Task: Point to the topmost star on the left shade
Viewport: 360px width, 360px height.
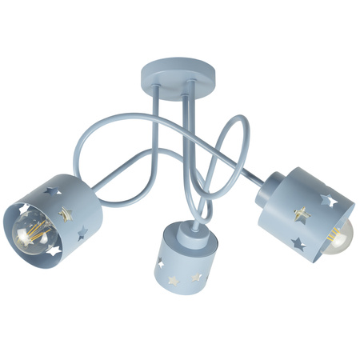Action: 54,192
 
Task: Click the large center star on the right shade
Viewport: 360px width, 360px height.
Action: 302,214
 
